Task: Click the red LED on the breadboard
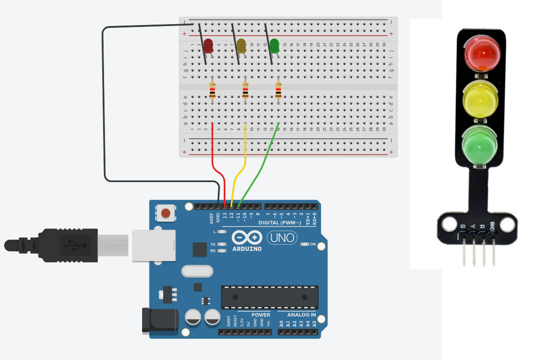pos(208,46)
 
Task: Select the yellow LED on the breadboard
pos(241,46)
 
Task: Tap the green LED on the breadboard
pos(274,46)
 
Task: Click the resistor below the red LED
pos(212,90)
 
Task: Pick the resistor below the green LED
pos(278,90)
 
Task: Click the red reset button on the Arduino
pos(165,214)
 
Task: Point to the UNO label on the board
pos(282,238)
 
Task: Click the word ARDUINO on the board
pos(246,249)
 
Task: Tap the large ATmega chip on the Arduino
pos(270,297)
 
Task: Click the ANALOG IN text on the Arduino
pos(301,315)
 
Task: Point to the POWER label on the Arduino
pos(260,315)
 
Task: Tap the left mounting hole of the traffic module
pos(449,224)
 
